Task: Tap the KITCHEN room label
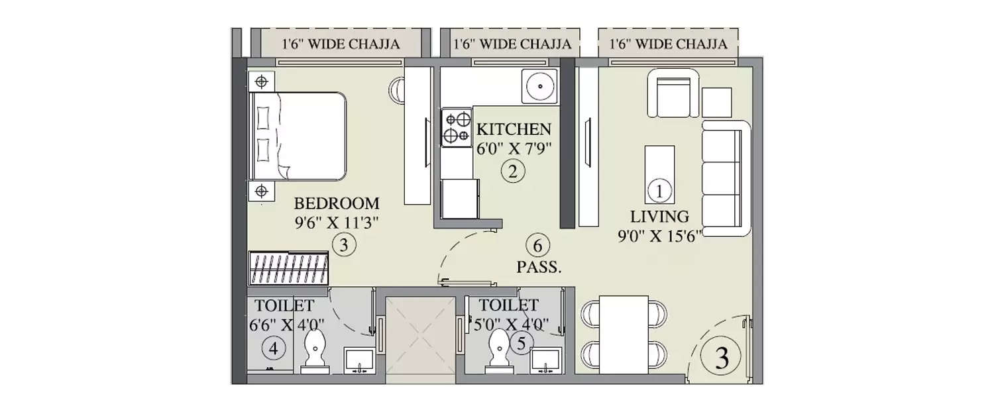pos(514,128)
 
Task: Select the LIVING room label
pos(659,216)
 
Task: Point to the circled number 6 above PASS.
pos(537,246)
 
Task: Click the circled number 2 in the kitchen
pos(512,172)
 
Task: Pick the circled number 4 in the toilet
pos(274,347)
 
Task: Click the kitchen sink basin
pos(539,86)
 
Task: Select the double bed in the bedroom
pos(298,136)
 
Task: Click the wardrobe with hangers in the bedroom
pos(289,268)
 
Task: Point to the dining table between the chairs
pos(624,334)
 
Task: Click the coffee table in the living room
pos(659,174)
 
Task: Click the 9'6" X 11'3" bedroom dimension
pos(337,223)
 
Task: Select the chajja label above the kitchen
pos(512,44)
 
